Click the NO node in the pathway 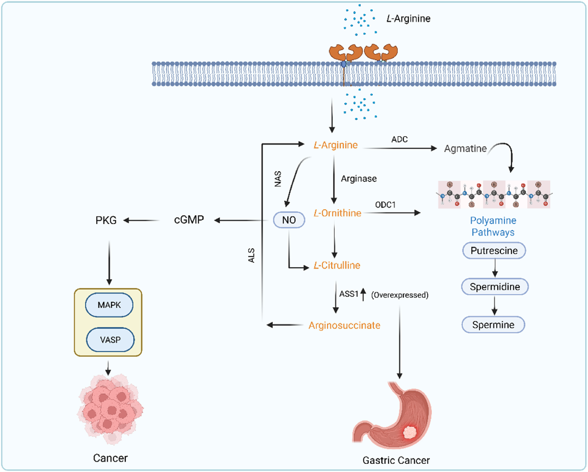(x=289, y=220)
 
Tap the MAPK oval (x=109, y=305)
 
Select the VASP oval (x=110, y=340)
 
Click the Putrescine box (x=494, y=251)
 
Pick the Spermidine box (x=495, y=287)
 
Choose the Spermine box (x=493, y=325)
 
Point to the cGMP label (x=189, y=220)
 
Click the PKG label (x=106, y=220)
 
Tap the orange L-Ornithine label (x=337, y=213)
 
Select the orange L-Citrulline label (x=337, y=265)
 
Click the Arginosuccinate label (x=344, y=325)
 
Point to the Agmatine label (x=465, y=148)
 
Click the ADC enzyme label (x=399, y=139)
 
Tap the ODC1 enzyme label (x=385, y=205)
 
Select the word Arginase (x=359, y=179)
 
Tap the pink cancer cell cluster (x=110, y=408)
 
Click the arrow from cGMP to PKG (x=141, y=220)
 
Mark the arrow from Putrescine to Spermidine (x=495, y=268)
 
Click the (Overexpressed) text (x=400, y=295)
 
